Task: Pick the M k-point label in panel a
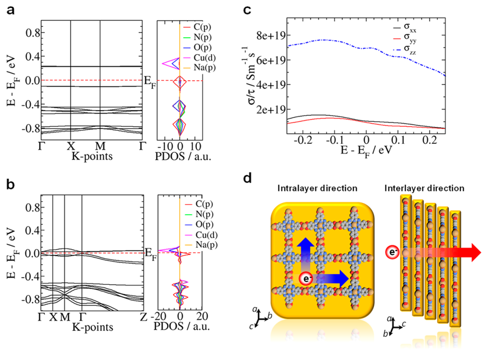point(100,146)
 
